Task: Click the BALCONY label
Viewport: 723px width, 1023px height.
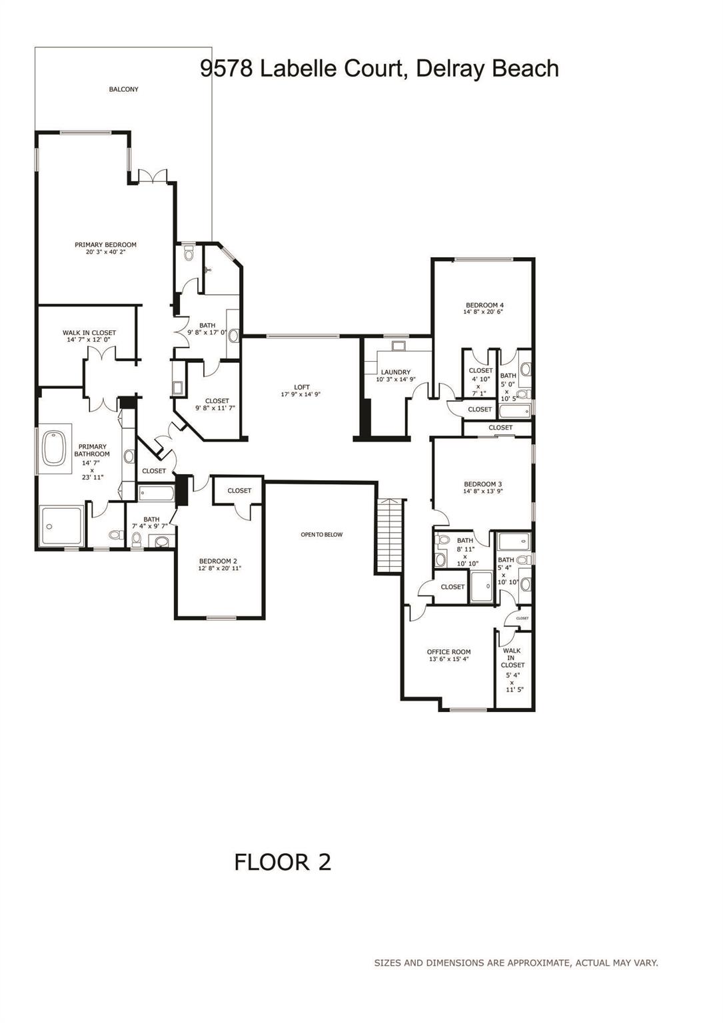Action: (x=123, y=89)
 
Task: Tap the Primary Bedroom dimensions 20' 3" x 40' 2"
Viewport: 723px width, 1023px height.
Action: (x=105, y=252)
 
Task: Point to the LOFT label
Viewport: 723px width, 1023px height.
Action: (x=302, y=387)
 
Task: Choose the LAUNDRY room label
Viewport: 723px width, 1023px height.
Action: (x=396, y=372)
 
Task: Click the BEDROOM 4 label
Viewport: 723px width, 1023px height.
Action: (x=484, y=305)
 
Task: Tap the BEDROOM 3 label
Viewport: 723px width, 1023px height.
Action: (x=482, y=484)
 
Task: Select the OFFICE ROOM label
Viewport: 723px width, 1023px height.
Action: (x=448, y=652)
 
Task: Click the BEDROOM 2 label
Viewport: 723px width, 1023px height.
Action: (x=219, y=561)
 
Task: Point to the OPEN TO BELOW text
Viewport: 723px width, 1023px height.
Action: (x=321, y=534)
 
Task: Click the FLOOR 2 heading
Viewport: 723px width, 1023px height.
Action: (x=283, y=862)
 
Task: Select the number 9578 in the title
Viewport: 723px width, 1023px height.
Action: (x=227, y=69)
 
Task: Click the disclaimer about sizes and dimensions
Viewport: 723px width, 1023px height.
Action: (x=516, y=962)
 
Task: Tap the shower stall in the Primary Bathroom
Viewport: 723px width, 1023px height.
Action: (x=61, y=527)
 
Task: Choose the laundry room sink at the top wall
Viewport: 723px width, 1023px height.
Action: (x=398, y=346)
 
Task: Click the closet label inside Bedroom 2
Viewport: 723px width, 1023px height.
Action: (x=239, y=491)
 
